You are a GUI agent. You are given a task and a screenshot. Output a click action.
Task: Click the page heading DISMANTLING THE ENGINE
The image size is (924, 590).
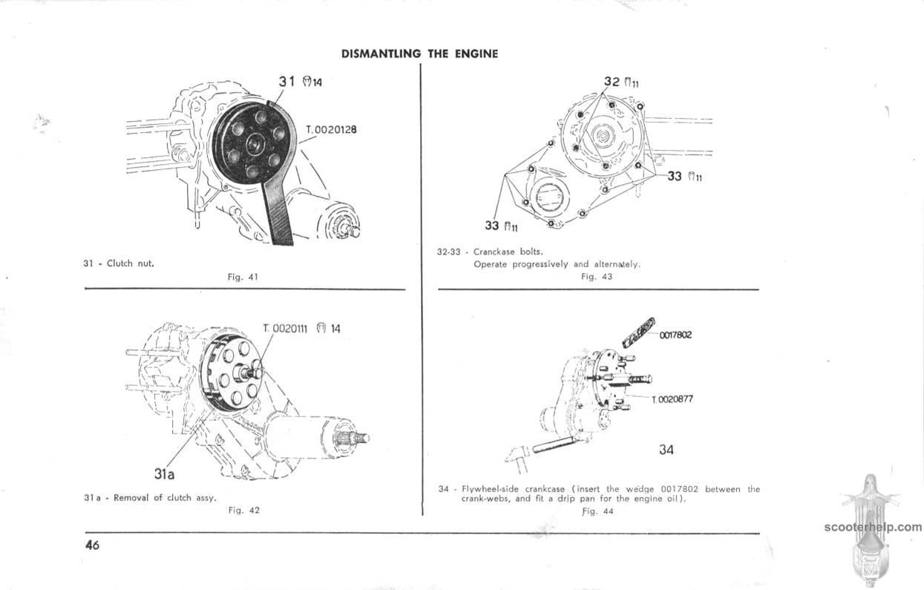point(419,54)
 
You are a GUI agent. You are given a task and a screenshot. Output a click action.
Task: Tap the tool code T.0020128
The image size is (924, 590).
point(331,130)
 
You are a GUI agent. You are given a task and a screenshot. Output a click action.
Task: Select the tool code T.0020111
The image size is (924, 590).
point(286,329)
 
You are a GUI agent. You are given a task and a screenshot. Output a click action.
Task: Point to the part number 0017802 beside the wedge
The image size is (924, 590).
point(675,335)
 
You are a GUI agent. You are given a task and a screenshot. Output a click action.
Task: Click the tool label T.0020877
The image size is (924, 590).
point(672,399)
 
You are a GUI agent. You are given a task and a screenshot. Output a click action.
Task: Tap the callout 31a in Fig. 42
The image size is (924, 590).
point(164,474)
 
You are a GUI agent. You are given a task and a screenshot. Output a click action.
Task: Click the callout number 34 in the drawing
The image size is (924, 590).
point(666,449)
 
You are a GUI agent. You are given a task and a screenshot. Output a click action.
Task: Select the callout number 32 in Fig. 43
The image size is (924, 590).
point(612,82)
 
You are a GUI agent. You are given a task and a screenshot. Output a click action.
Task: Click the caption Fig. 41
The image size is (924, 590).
point(243,277)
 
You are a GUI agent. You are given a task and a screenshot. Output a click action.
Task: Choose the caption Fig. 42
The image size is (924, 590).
point(243,511)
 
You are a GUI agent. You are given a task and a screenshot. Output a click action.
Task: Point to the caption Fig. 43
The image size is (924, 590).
point(597,276)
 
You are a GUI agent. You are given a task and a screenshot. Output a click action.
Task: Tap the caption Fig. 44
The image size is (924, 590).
point(597,511)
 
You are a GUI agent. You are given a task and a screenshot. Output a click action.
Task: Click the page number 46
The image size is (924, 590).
point(92,545)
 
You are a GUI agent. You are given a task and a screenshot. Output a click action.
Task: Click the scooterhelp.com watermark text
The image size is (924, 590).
point(873,527)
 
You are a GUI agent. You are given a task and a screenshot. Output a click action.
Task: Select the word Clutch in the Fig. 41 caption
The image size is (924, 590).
point(119,263)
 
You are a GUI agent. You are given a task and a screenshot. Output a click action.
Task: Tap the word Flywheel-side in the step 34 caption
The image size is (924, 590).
point(493,489)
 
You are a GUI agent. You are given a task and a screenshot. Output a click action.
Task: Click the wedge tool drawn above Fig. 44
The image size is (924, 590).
point(638,332)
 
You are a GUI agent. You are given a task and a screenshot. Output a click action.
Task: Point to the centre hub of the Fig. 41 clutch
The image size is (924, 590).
point(253,145)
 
